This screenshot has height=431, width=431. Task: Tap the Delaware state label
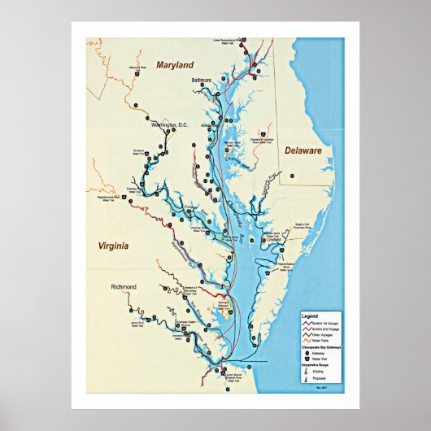pos(303,150)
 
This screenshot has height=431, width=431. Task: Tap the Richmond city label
pos(124,287)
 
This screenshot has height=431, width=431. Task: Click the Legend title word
pos(309,316)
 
